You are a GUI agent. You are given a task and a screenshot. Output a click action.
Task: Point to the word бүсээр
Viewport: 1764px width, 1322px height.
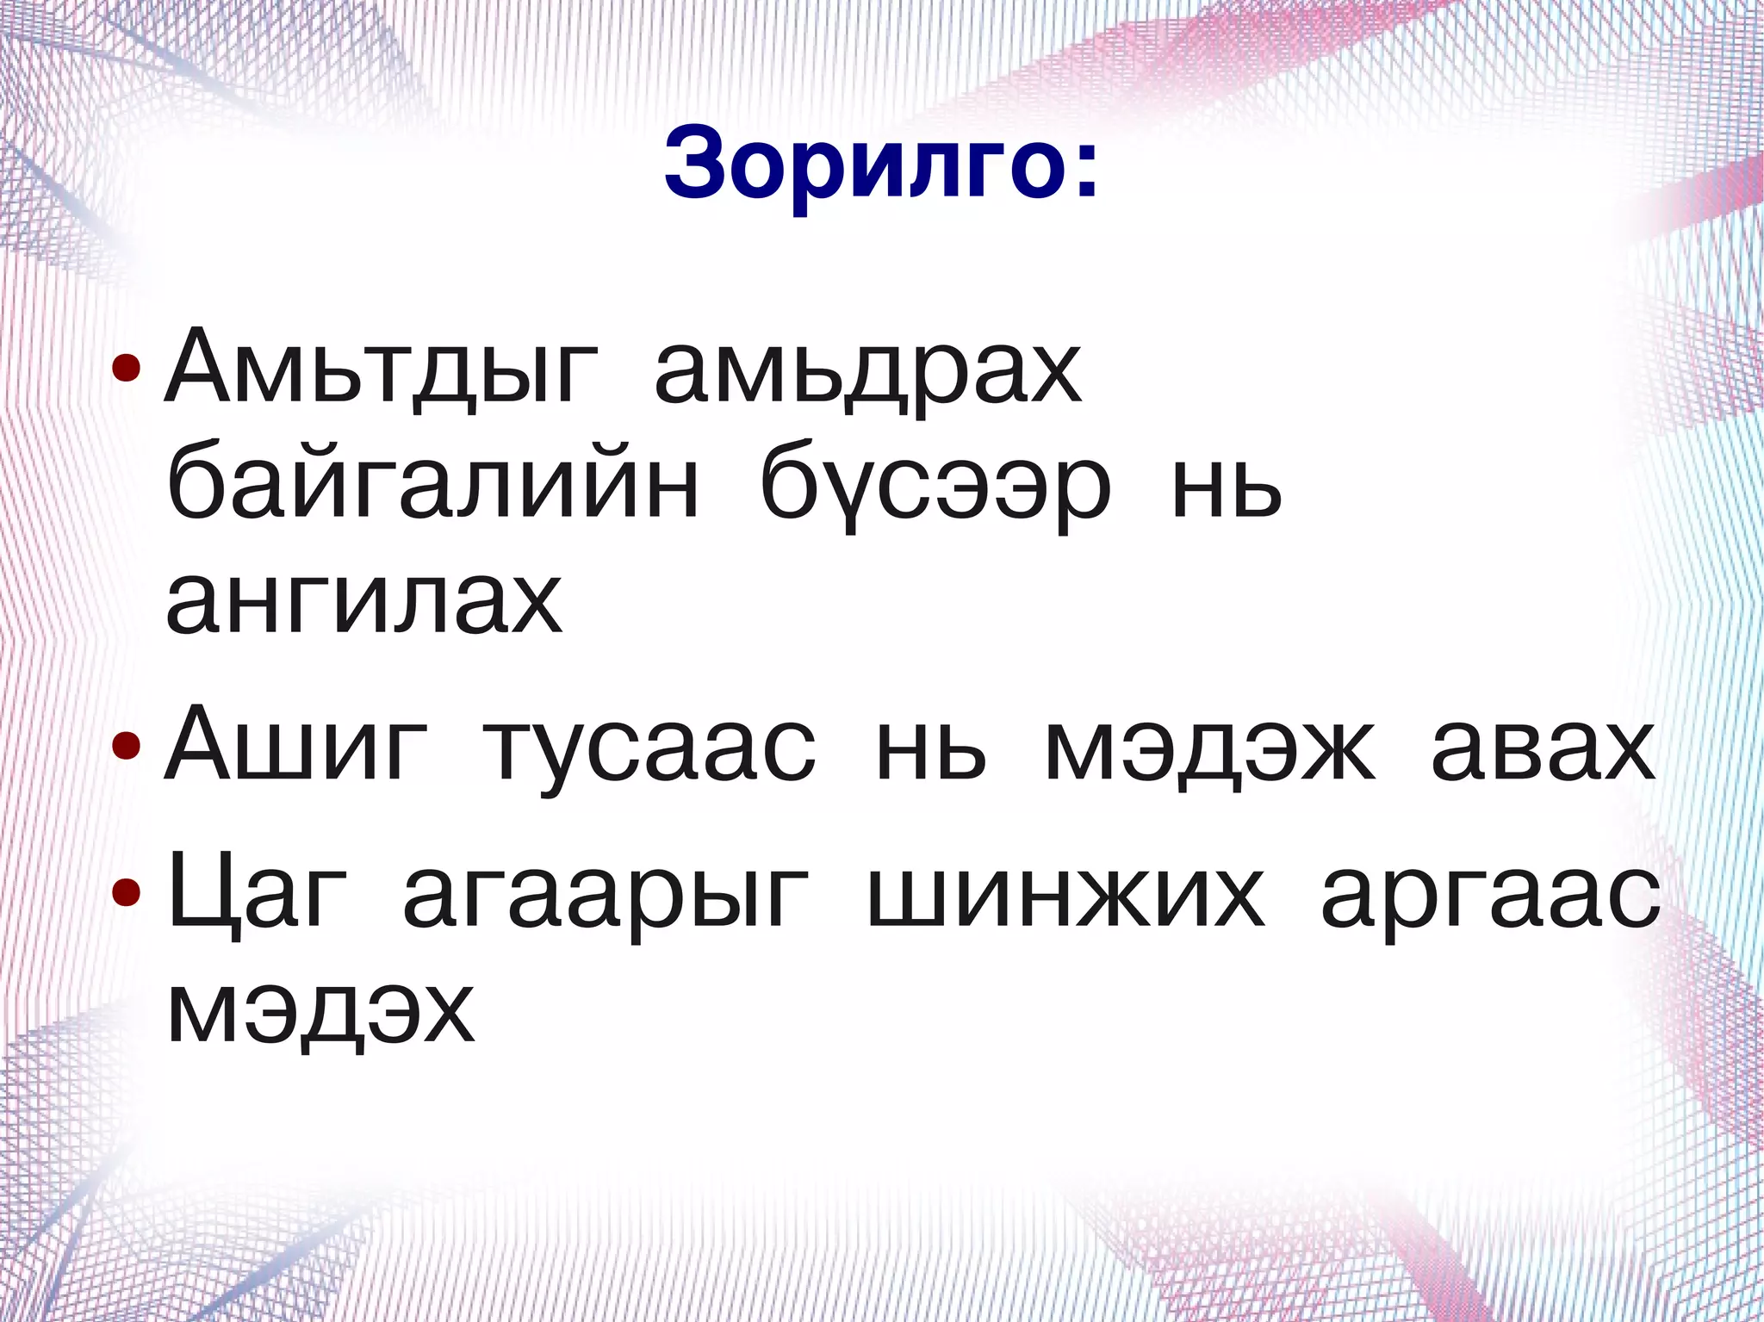click(935, 487)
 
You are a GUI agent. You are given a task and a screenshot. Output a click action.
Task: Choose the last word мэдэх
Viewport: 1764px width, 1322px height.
click(320, 1009)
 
